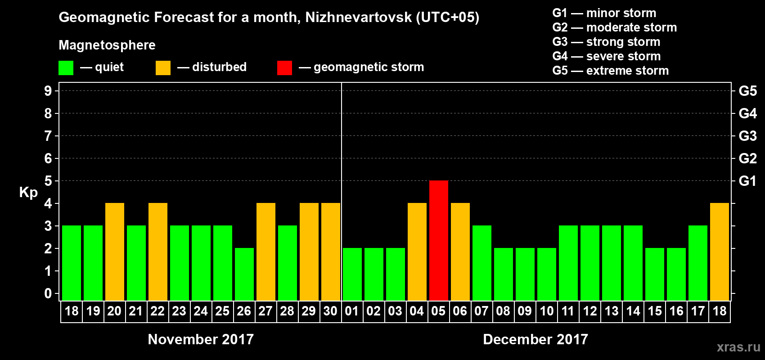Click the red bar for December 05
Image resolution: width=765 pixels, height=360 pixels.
pyautogui.click(x=439, y=240)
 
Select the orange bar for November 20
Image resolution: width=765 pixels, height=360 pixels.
pyautogui.click(x=115, y=252)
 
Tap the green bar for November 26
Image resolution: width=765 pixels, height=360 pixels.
pyautogui.click(x=244, y=274)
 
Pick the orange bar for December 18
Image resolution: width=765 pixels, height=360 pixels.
pyautogui.click(x=720, y=252)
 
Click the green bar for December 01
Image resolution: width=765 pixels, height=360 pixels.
pyautogui.click(x=352, y=274)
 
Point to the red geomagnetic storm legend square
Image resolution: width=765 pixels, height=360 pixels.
pyautogui.click(x=284, y=68)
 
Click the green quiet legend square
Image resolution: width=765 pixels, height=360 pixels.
pyautogui.click(x=66, y=68)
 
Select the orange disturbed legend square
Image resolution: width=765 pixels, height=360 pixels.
pyautogui.click(x=163, y=68)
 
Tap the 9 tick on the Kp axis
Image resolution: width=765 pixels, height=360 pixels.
pyautogui.click(x=48, y=91)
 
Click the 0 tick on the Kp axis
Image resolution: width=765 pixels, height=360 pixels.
pyautogui.click(x=48, y=293)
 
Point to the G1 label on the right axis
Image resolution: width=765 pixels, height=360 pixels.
pyautogui.click(x=747, y=181)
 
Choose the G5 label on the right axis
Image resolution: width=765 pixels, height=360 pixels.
pyautogui.click(x=747, y=91)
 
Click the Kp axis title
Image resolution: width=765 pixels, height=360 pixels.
pyautogui.click(x=28, y=192)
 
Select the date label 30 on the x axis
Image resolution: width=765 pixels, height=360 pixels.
pyautogui.click(x=330, y=311)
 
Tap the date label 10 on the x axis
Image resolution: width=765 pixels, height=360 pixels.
pyautogui.click(x=547, y=311)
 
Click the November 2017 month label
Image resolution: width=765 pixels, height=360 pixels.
pyautogui.click(x=201, y=339)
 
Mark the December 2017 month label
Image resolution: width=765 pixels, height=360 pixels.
pyautogui.click(x=535, y=339)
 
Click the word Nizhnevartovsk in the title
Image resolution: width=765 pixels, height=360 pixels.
pyautogui.click(x=358, y=17)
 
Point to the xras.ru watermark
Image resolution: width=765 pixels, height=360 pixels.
pyautogui.click(x=738, y=347)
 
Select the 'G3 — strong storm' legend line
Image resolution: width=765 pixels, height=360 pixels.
pyautogui.click(x=606, y=42)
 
